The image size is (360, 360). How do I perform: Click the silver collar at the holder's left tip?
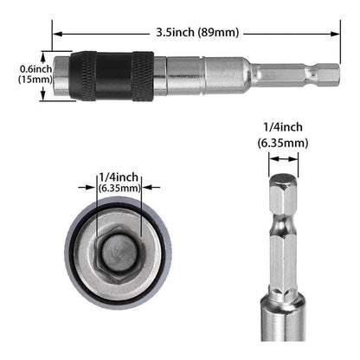pyautogui.click(x=62, y=75)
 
